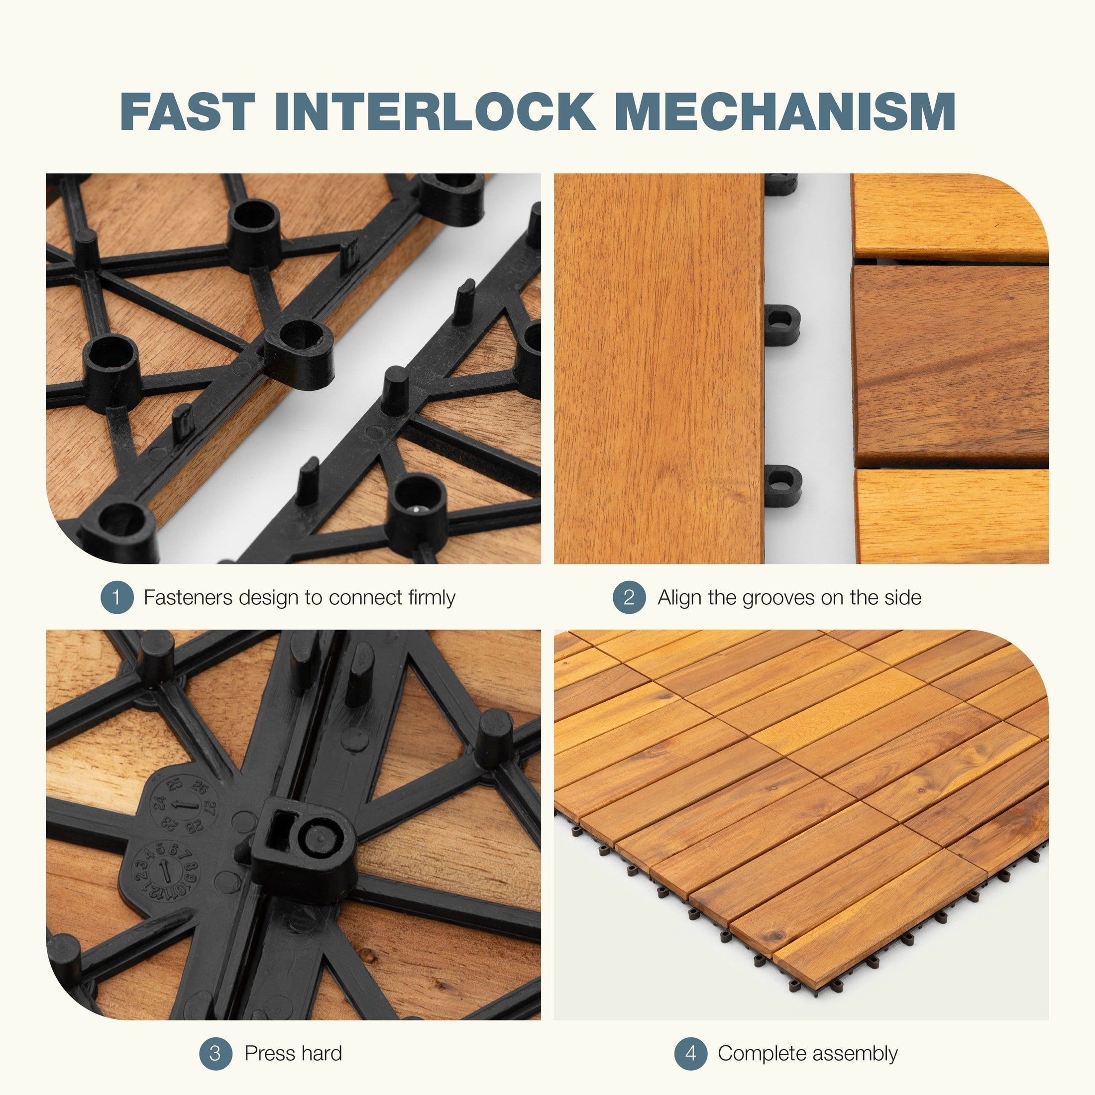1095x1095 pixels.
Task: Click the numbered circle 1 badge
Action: [117, 597]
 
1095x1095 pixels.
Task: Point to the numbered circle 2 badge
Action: [629, 597]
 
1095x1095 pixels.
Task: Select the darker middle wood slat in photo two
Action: [950, 365]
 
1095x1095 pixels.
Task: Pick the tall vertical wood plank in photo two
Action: [658, 368]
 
